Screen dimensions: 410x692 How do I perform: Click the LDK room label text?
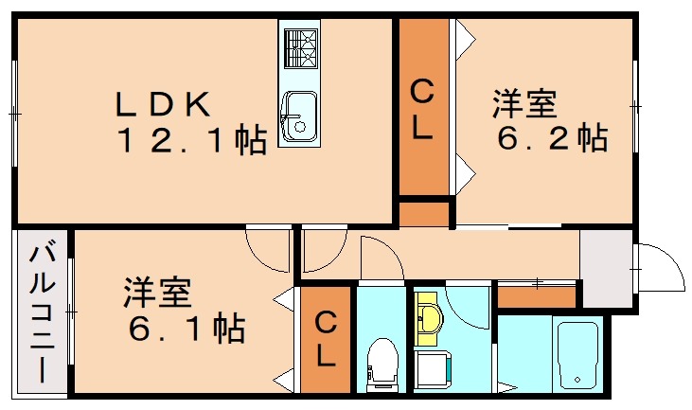pos(163,104)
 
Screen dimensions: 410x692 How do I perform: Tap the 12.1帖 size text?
pos(190,141)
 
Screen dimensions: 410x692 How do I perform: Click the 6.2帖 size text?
pos(552,139)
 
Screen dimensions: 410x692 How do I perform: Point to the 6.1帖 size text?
pos(187,329)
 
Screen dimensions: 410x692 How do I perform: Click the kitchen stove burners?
pos(300,46)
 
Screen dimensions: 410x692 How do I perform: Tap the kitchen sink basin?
pos(300,116)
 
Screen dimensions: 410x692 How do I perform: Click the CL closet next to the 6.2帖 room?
pos(422,109)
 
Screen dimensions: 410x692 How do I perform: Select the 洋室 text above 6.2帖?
pos(523,103)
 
